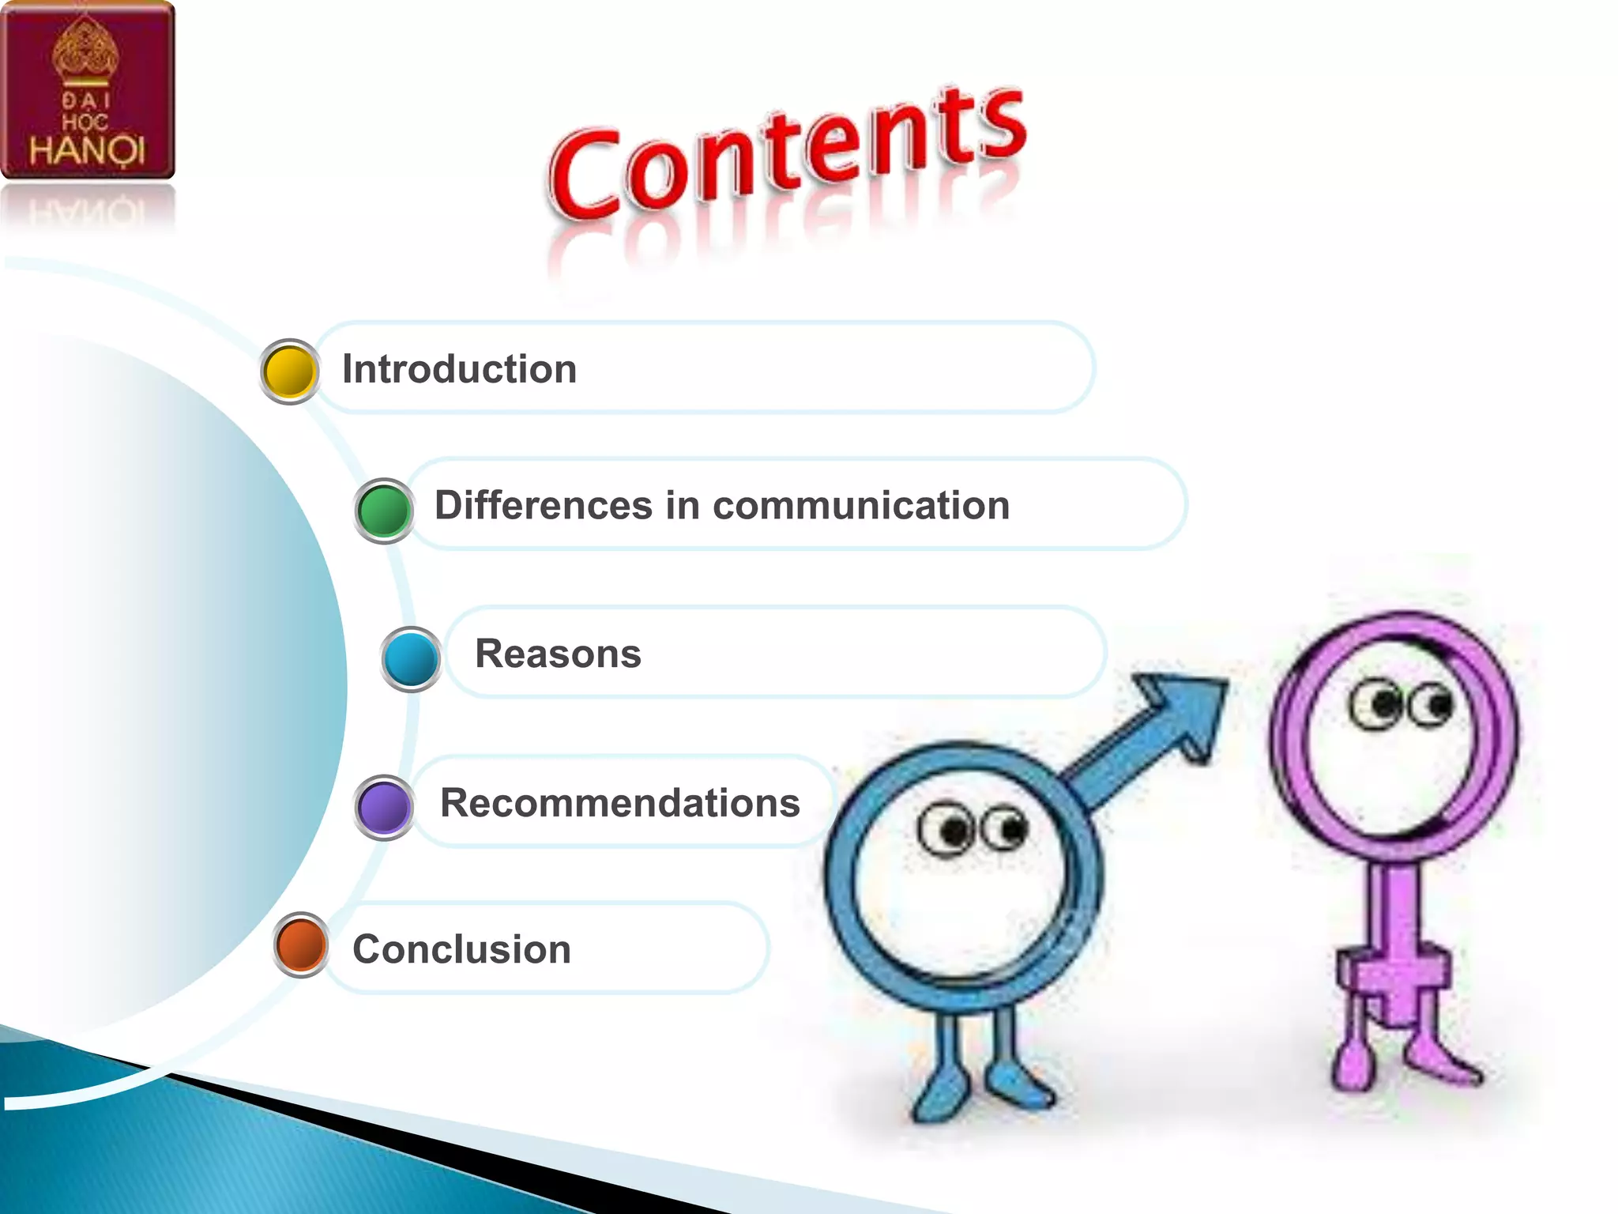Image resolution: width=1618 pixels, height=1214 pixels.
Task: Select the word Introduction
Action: [459, 369]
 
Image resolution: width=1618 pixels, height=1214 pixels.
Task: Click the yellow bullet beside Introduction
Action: [289, 371]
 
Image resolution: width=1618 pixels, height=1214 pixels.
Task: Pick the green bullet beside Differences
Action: [384, 511]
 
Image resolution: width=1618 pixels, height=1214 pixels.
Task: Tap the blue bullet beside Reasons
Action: [411, 659]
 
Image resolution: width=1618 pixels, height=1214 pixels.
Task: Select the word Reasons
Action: [558, 654]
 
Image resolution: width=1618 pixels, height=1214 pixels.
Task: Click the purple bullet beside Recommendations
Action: [384, 807]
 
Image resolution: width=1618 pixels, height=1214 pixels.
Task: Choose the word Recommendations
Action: [620, 803]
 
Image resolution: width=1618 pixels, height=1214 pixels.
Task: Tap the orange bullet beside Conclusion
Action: [301, 944]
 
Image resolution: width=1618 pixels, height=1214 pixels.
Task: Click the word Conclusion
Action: [461, 949]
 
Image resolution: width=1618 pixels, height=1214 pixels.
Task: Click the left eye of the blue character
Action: [946, 830]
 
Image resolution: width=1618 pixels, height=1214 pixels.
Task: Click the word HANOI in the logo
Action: [87, 149]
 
